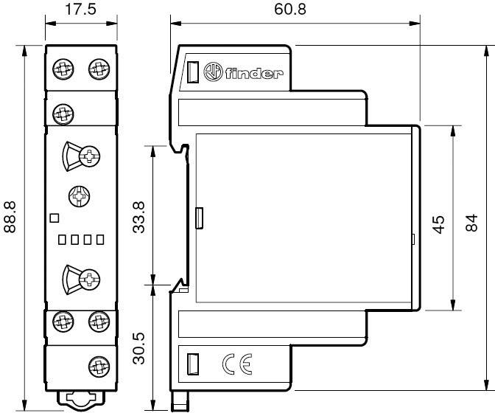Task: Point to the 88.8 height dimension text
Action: pos(11,216)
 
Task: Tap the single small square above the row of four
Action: pos(52,218)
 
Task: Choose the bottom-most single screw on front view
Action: pos(97,364)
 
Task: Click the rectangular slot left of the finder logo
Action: pos(192,73)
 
